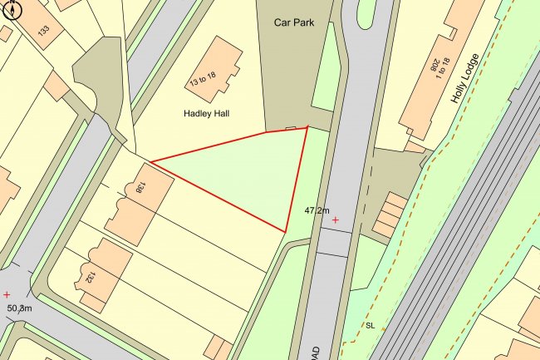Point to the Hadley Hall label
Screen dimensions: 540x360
click(205, 111)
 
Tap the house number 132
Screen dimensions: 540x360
click(91, 278)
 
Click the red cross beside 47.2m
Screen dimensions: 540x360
click(335, 220)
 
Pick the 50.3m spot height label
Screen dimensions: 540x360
click(19, 308)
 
